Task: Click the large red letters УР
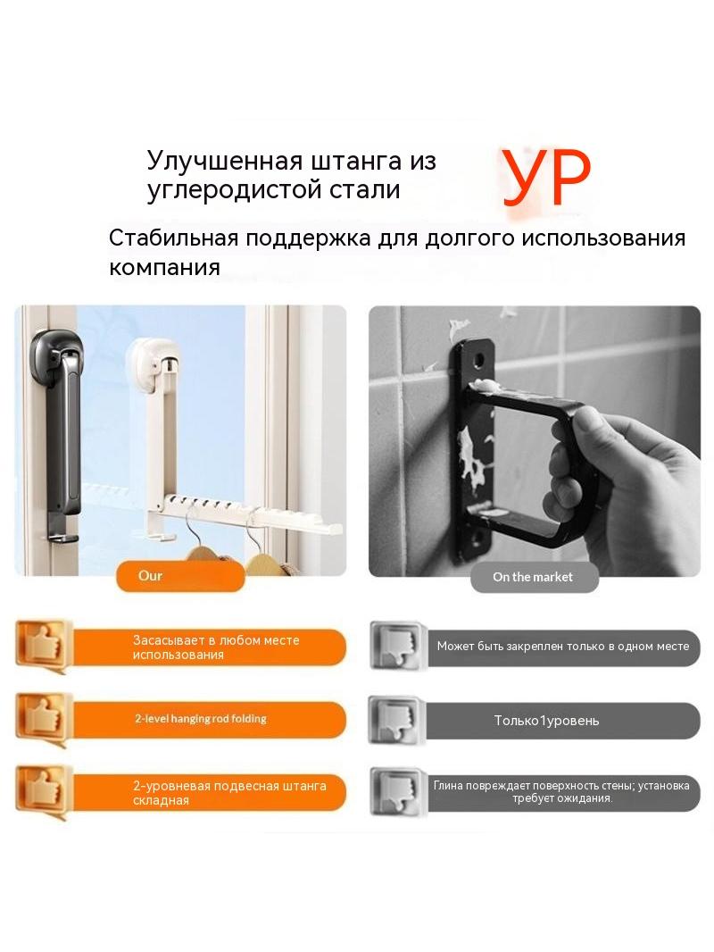(546, 179)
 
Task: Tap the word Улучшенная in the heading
(224, 161)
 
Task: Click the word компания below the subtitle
(164, 268)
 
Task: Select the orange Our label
(180, 576)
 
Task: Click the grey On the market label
(534, 578)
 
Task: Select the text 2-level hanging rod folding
(201, 719)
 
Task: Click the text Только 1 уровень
(546, 721)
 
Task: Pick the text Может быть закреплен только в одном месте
(563, 647)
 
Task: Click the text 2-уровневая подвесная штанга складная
(229, 793)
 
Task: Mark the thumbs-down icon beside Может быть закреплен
(395, 646)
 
